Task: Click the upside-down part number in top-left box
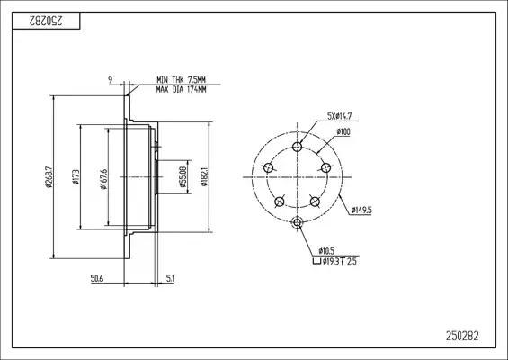point(46,21)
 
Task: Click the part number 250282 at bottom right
point(462,336)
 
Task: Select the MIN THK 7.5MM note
point(181,79)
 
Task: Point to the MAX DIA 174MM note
point(181,89)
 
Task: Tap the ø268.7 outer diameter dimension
point(49,177)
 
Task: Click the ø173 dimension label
point(76,177)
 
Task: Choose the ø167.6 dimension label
point(103,179)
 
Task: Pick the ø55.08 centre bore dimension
point(183,177)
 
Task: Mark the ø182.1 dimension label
point(204,177)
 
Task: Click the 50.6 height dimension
point(97,278)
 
